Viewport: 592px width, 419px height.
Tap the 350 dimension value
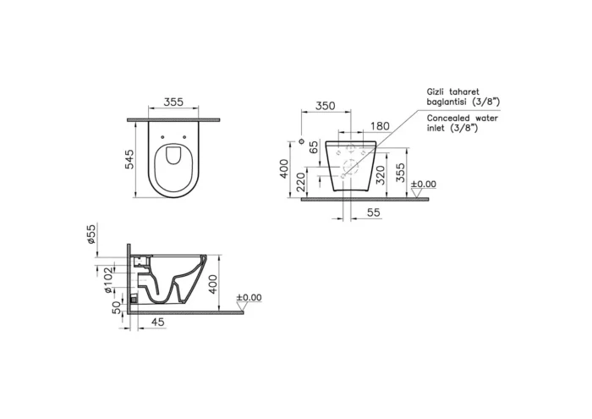325,107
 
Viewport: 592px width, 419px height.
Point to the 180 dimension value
380,126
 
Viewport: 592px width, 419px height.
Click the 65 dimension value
314,148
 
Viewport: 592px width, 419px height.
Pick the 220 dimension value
314,179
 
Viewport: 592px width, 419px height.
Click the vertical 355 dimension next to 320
400,172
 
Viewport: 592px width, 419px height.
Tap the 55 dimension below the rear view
373,213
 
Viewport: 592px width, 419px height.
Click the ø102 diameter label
107,279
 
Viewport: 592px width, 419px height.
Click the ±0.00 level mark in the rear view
423,184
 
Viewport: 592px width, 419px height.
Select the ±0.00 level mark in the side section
249,298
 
